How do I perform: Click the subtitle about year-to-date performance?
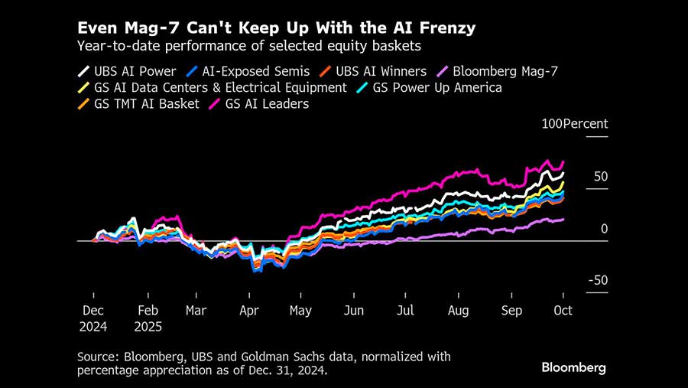[x=249, y=47]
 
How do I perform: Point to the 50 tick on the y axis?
[x=601, y=177]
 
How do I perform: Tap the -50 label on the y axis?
[x=598, y=281]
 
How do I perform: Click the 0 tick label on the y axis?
[x=604, y=229]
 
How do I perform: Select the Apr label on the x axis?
[x=248, y=311]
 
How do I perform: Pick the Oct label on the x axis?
[x=563, y=311]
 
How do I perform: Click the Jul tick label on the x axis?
[x=406, y=311]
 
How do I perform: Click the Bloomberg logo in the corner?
[x=573, y=367]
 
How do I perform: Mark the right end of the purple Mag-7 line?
[x=563, y=219]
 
